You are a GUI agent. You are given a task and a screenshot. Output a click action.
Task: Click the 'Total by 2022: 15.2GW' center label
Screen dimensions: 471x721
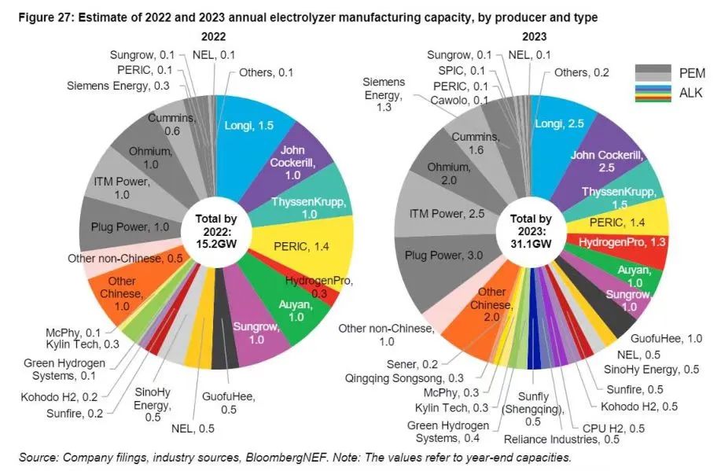[213, 231]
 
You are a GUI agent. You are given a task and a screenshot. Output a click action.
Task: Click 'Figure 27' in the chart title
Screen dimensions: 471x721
[38, 17]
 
